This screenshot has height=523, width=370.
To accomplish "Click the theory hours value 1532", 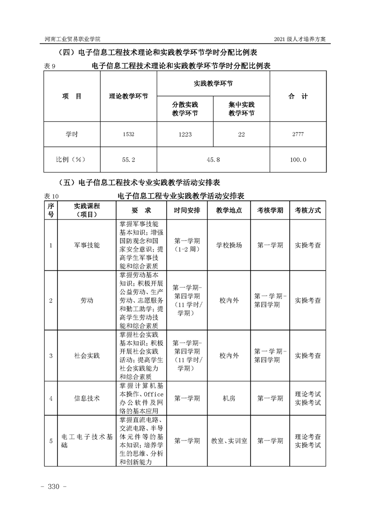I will tap(128, 134).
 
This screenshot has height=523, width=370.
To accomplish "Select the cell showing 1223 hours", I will tap(185, 134).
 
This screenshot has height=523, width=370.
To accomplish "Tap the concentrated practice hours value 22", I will tap(241, 134).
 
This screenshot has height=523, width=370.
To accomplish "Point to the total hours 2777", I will tap(298, 134).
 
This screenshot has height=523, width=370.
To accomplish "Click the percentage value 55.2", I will tap(128, 159).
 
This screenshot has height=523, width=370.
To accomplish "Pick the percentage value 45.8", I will tap(213, 159).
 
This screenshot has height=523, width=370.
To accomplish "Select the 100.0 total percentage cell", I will tap(298, 159).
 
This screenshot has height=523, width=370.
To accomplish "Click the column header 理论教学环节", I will tap(128, 96).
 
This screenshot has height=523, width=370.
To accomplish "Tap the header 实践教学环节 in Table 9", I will tap(213, 83).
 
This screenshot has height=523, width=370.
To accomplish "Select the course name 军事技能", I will tap(87, 245).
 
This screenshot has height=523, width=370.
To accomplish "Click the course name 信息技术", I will tap(87, 398).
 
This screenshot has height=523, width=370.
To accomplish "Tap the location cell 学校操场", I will tap(229, 245).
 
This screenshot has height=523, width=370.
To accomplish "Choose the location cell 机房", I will tap(229, 398).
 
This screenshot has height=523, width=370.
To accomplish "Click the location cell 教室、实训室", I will tap(229, 440).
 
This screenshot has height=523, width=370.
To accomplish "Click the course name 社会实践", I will tap(87, 356).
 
